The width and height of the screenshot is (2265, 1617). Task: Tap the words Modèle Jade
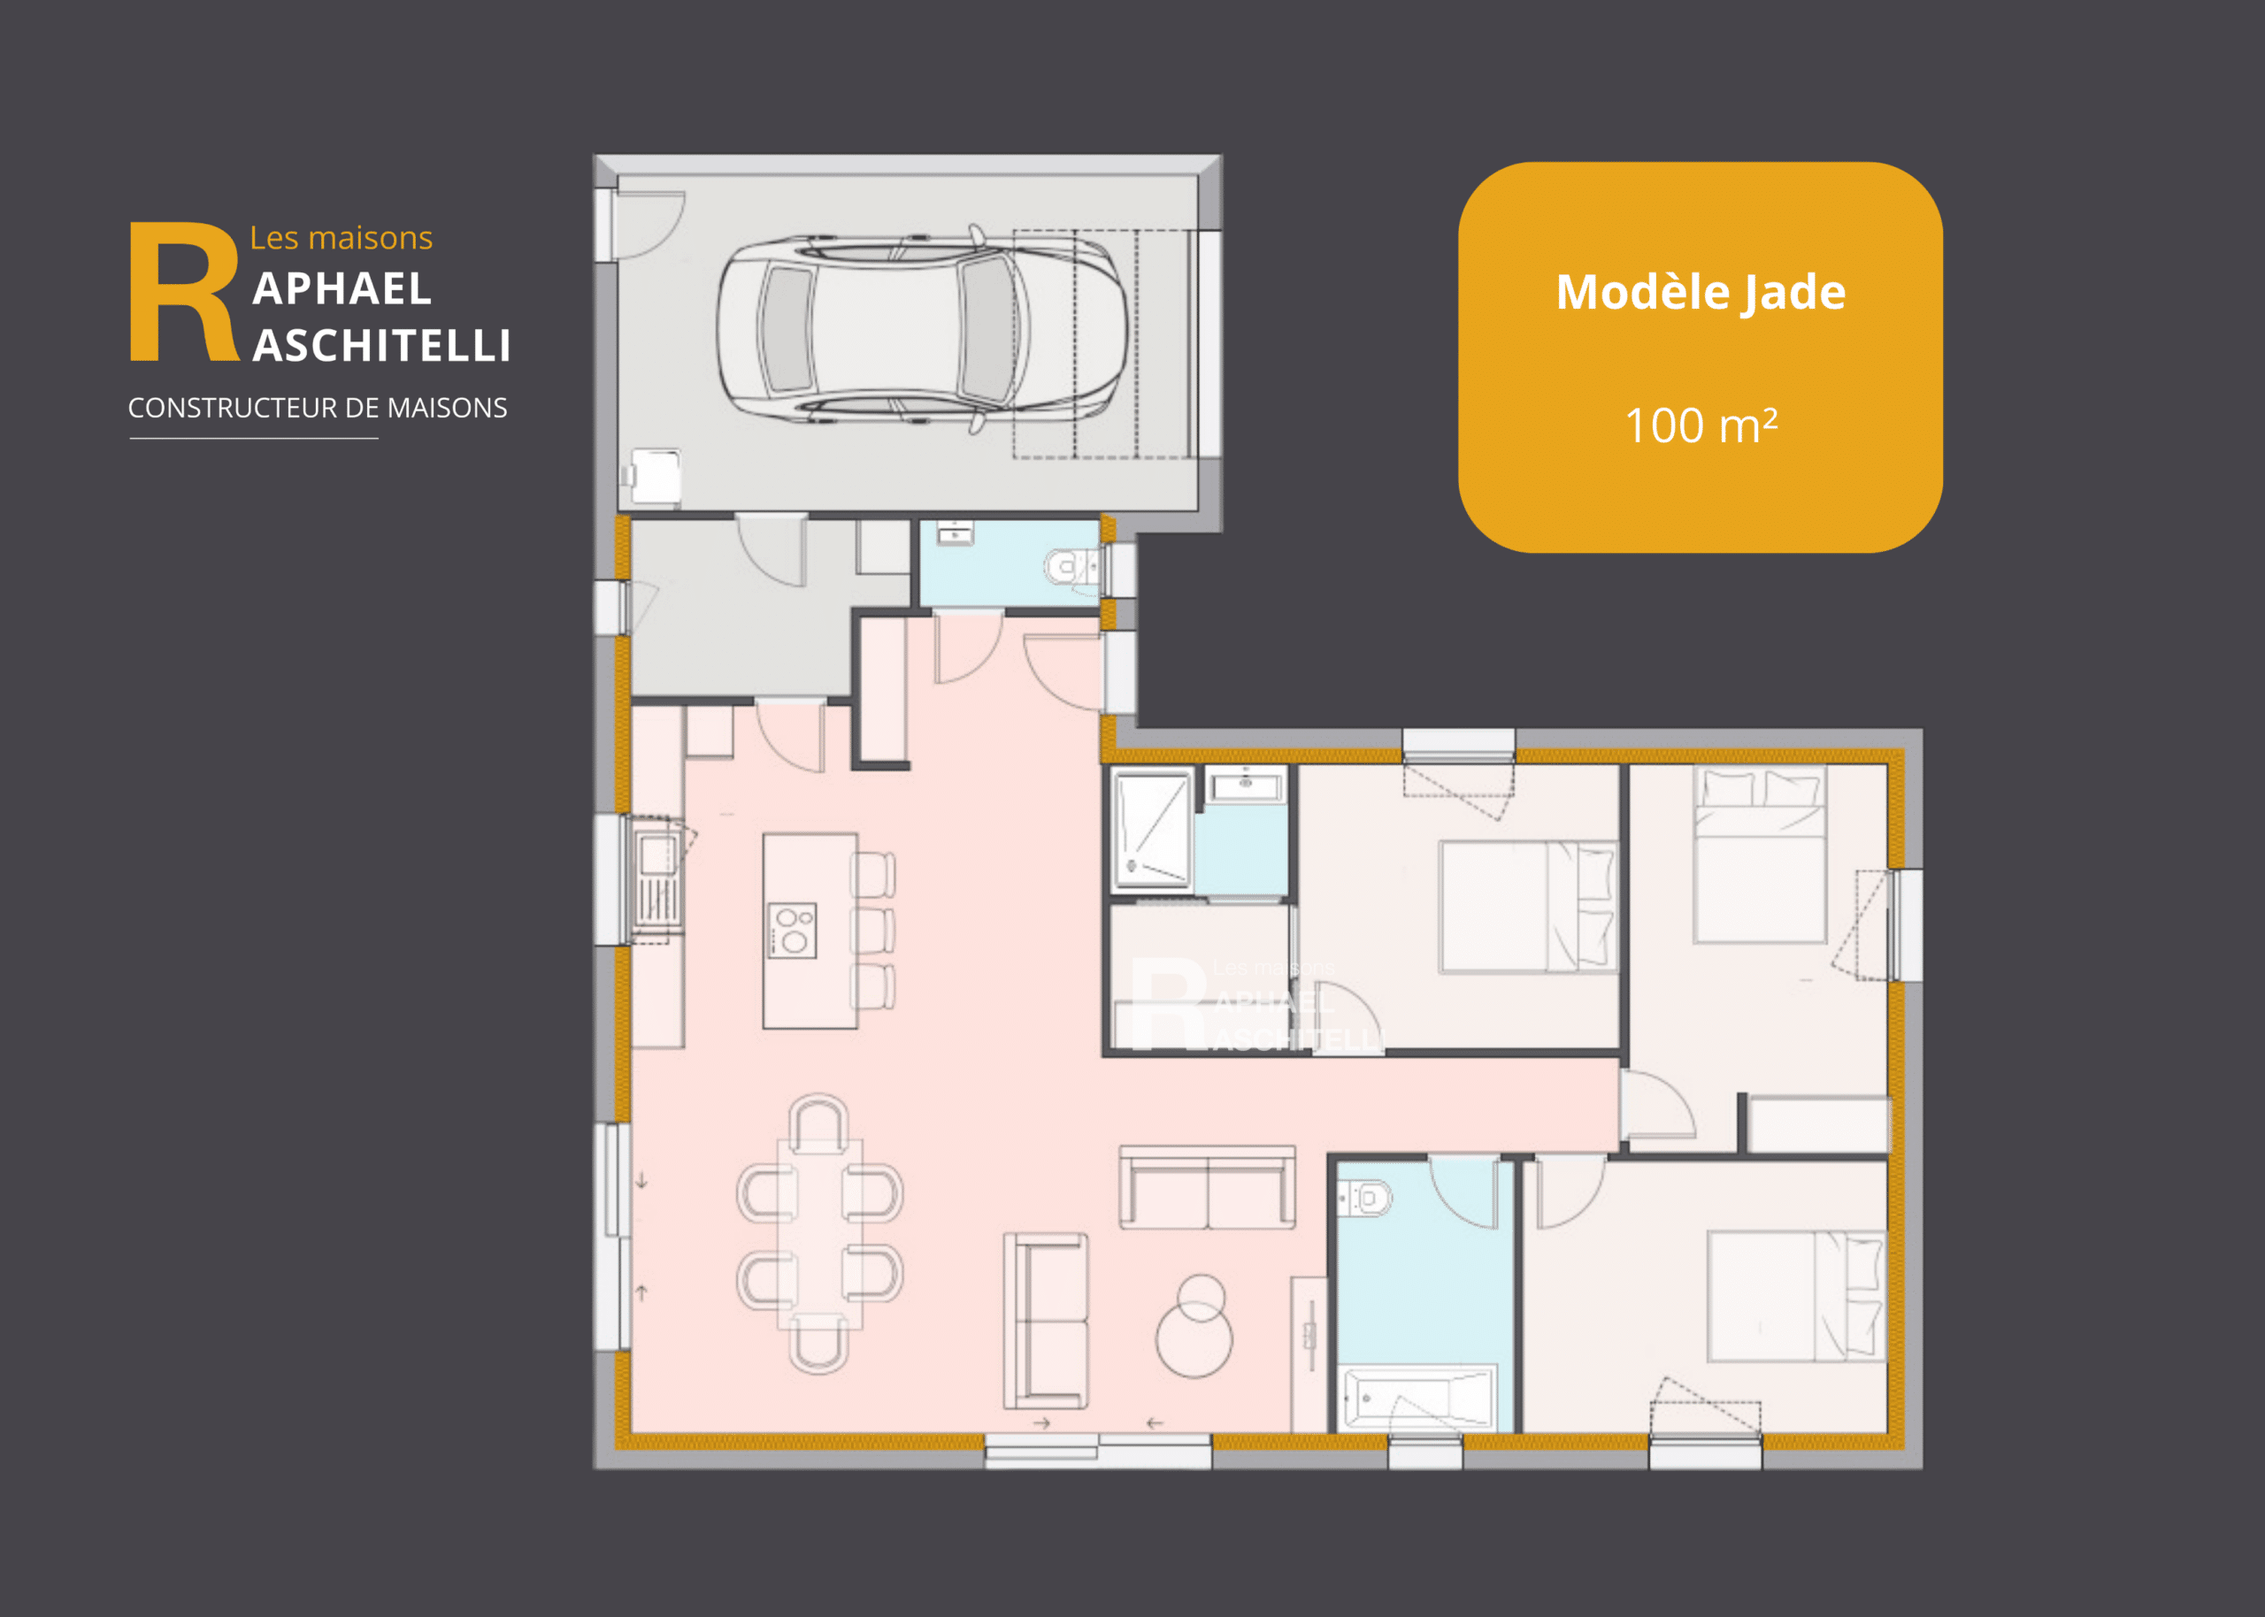[x=1701, y=293]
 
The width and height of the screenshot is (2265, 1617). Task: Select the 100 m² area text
[x=1701, y=425]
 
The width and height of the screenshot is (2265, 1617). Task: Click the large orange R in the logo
[x=184, y=291]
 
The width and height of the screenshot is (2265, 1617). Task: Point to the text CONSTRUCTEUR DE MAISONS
[x=318, y=409]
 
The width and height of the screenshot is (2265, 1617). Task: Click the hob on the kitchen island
[x=793, y=930]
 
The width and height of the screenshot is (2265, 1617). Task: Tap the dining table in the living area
[x=819, y=1234]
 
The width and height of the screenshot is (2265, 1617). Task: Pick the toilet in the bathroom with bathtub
[x=1365, y=1197]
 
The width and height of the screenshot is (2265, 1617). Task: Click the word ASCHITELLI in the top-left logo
[x=381, y=347]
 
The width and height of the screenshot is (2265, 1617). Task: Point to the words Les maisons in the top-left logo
[x=341, y=238]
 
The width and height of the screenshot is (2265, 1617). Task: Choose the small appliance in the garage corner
[x=655, y=478]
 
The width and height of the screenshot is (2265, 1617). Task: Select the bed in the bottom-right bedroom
[x=1796, y=1297]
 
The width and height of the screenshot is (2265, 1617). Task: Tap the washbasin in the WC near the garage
[x=955, y=533]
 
